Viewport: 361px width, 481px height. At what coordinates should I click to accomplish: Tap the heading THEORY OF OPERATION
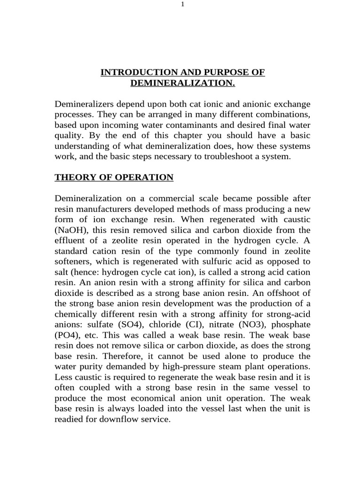coord(114,178)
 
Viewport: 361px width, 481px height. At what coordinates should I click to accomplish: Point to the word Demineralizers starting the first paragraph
coord(82,103)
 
